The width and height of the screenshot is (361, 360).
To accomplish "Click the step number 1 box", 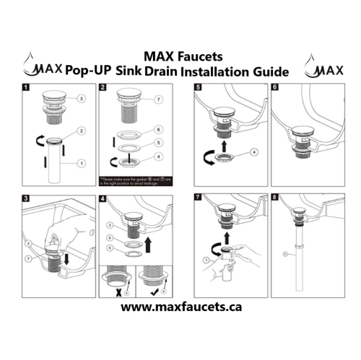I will [x=26, y=89].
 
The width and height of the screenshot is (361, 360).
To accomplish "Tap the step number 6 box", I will [x=275, y=89].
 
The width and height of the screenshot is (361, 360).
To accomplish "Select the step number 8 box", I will [x=275, y=196].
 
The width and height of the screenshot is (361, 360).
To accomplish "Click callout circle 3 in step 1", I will [x=82, y=98].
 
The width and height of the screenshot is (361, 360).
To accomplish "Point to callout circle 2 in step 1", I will [x=82, y=131].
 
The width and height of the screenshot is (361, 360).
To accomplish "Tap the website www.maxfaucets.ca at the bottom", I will [x=180, y=307].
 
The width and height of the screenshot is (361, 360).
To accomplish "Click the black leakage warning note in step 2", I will [x=133, y=177].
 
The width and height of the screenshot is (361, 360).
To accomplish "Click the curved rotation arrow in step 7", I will [x=208, y=253].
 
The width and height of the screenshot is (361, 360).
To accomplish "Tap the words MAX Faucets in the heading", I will [x=180, y=56].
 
